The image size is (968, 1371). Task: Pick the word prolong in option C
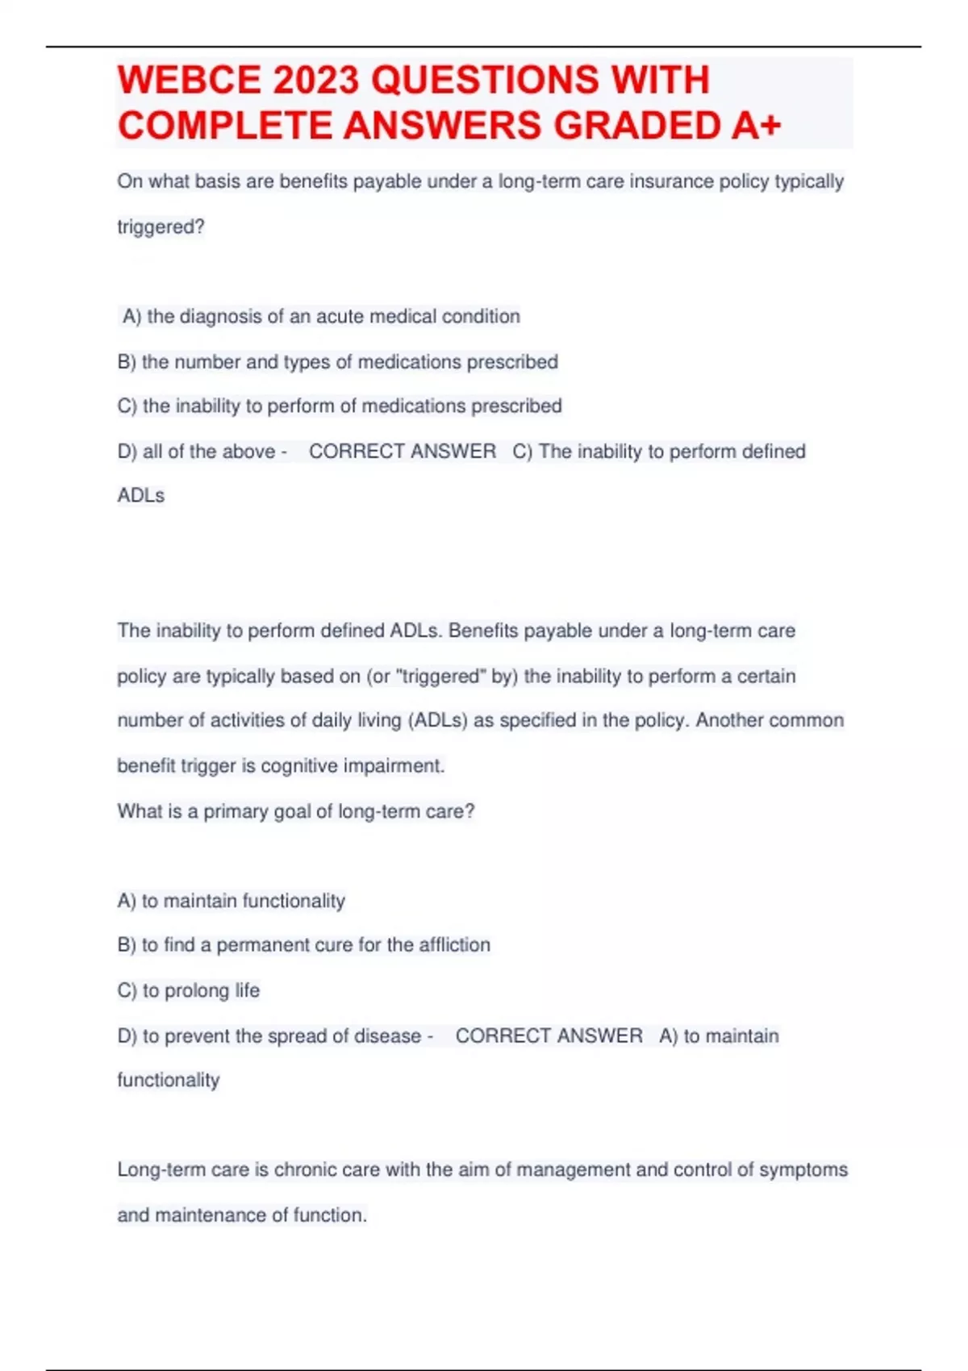pyautogui.click(x=197, y=990)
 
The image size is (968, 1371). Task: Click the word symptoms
pyautogui.click(x=803, y=1169)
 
